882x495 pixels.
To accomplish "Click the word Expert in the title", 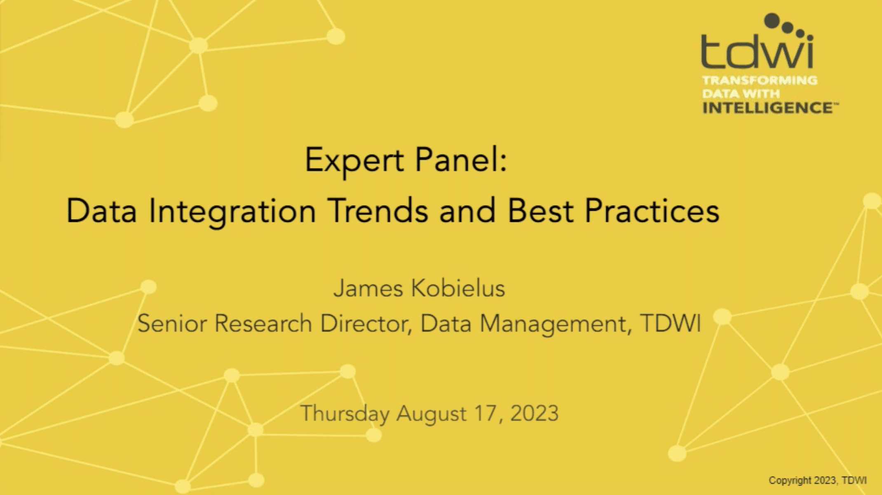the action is (354, 161).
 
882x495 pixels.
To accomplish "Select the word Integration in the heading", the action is (232, 212).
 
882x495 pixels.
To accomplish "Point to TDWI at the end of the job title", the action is (671, 323).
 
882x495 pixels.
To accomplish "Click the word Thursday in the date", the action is (345, 414).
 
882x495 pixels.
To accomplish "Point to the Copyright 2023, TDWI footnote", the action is (818, 481).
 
